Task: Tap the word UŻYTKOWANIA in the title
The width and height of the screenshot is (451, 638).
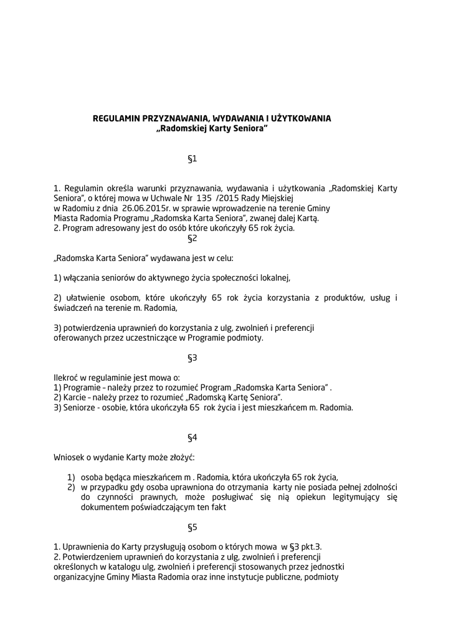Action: click(301, 118)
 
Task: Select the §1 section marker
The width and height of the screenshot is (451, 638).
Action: click(192, 159)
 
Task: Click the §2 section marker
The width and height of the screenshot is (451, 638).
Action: click(192, 238)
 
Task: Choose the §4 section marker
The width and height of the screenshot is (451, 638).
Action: click(192, 437)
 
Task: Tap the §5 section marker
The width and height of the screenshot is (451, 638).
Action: click(192, 527)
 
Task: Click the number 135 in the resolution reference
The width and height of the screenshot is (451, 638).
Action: click(204, 198)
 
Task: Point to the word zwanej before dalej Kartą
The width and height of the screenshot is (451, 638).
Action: click(266, 218)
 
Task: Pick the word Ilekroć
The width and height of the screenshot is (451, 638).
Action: click(66, 378)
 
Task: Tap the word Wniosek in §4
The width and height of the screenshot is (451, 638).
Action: click(69, 457)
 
